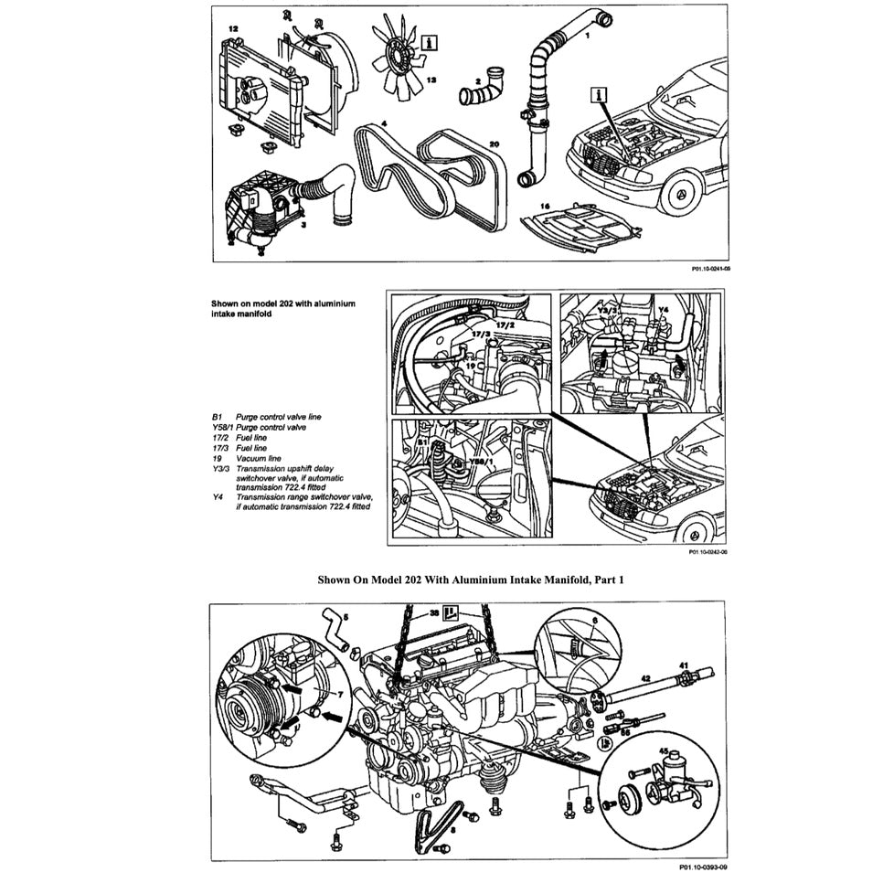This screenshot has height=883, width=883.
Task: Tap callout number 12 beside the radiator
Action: [x=233, y=30]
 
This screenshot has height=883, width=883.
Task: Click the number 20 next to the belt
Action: [x=494, y=144]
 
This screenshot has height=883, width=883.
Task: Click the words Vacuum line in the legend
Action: [x=259, y=458]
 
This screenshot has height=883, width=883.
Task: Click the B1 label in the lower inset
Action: [x=422, y=441]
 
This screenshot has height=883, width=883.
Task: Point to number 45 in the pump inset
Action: [x=665, y=751]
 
